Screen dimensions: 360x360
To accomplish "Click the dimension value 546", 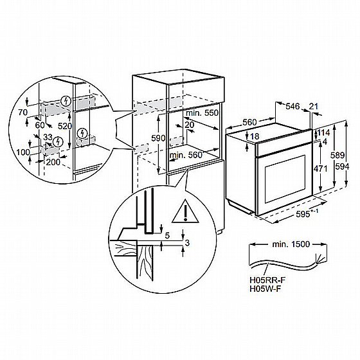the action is (x=292, y=106).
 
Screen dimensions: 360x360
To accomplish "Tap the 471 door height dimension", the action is (x=321, y=168).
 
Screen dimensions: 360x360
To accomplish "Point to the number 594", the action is (x=342, y=166).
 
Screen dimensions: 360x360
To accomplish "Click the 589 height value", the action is (x=337, y=156).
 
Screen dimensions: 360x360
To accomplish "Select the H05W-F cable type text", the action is (x=265, y=289).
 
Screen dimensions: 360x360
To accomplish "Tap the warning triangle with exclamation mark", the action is (x=186, y=212).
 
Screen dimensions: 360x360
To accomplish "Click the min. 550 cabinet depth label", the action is (x=202, y=113).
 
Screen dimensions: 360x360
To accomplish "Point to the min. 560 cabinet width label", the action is (x=186, y=155).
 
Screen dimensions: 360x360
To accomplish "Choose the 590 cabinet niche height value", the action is (x=158, y=138).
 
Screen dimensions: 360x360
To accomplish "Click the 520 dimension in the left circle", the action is (x=65, y=126).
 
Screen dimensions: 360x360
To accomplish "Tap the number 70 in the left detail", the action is (x=23, y=113).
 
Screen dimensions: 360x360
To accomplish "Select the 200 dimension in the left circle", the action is (x=53, y=162).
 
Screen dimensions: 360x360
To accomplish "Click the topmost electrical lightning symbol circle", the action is (x=66, y=101).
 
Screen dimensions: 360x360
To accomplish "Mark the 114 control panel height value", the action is (x=323, y=132).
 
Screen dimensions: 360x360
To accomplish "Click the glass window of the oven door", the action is (x=285, y=179).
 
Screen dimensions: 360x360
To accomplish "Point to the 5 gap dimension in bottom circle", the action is (x=167, y=235).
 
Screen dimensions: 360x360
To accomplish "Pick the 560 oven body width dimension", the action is (x=249, y=122).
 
